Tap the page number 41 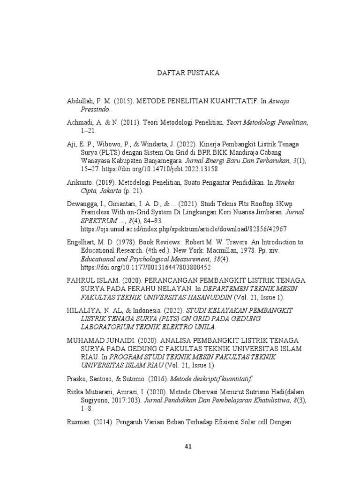pyautogui.click(x=188, y=446)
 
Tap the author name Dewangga pyautogui.click(x=82, y=204)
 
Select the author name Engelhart pyautogui.click(x=82, y=242)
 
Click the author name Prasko pyautogui.click(x=76, y=378)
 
